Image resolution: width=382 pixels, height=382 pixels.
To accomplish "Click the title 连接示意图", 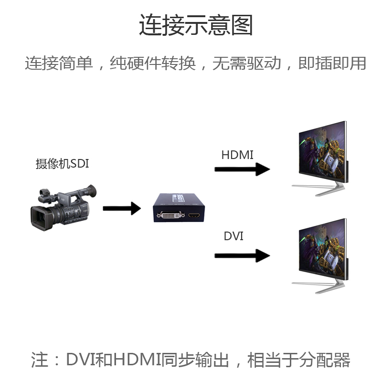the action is (196, 25).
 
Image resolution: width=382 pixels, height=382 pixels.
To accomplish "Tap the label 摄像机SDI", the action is (62, 164).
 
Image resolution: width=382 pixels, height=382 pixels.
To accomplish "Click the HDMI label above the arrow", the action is (237, 155).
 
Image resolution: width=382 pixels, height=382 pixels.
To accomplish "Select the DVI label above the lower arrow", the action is (233, 236).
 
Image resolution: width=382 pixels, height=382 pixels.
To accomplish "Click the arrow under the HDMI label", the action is (242, 170).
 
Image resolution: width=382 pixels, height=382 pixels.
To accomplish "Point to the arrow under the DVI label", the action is (242, 255).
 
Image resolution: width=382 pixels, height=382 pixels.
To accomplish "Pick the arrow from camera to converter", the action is (122, 208).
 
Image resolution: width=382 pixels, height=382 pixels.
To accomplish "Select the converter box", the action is (178, 208).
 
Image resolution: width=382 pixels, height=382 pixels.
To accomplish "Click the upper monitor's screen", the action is (322, 150).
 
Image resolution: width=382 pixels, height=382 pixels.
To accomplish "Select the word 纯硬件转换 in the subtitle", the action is (153, 64).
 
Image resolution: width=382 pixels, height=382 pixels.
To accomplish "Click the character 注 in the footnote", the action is (40, 360).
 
